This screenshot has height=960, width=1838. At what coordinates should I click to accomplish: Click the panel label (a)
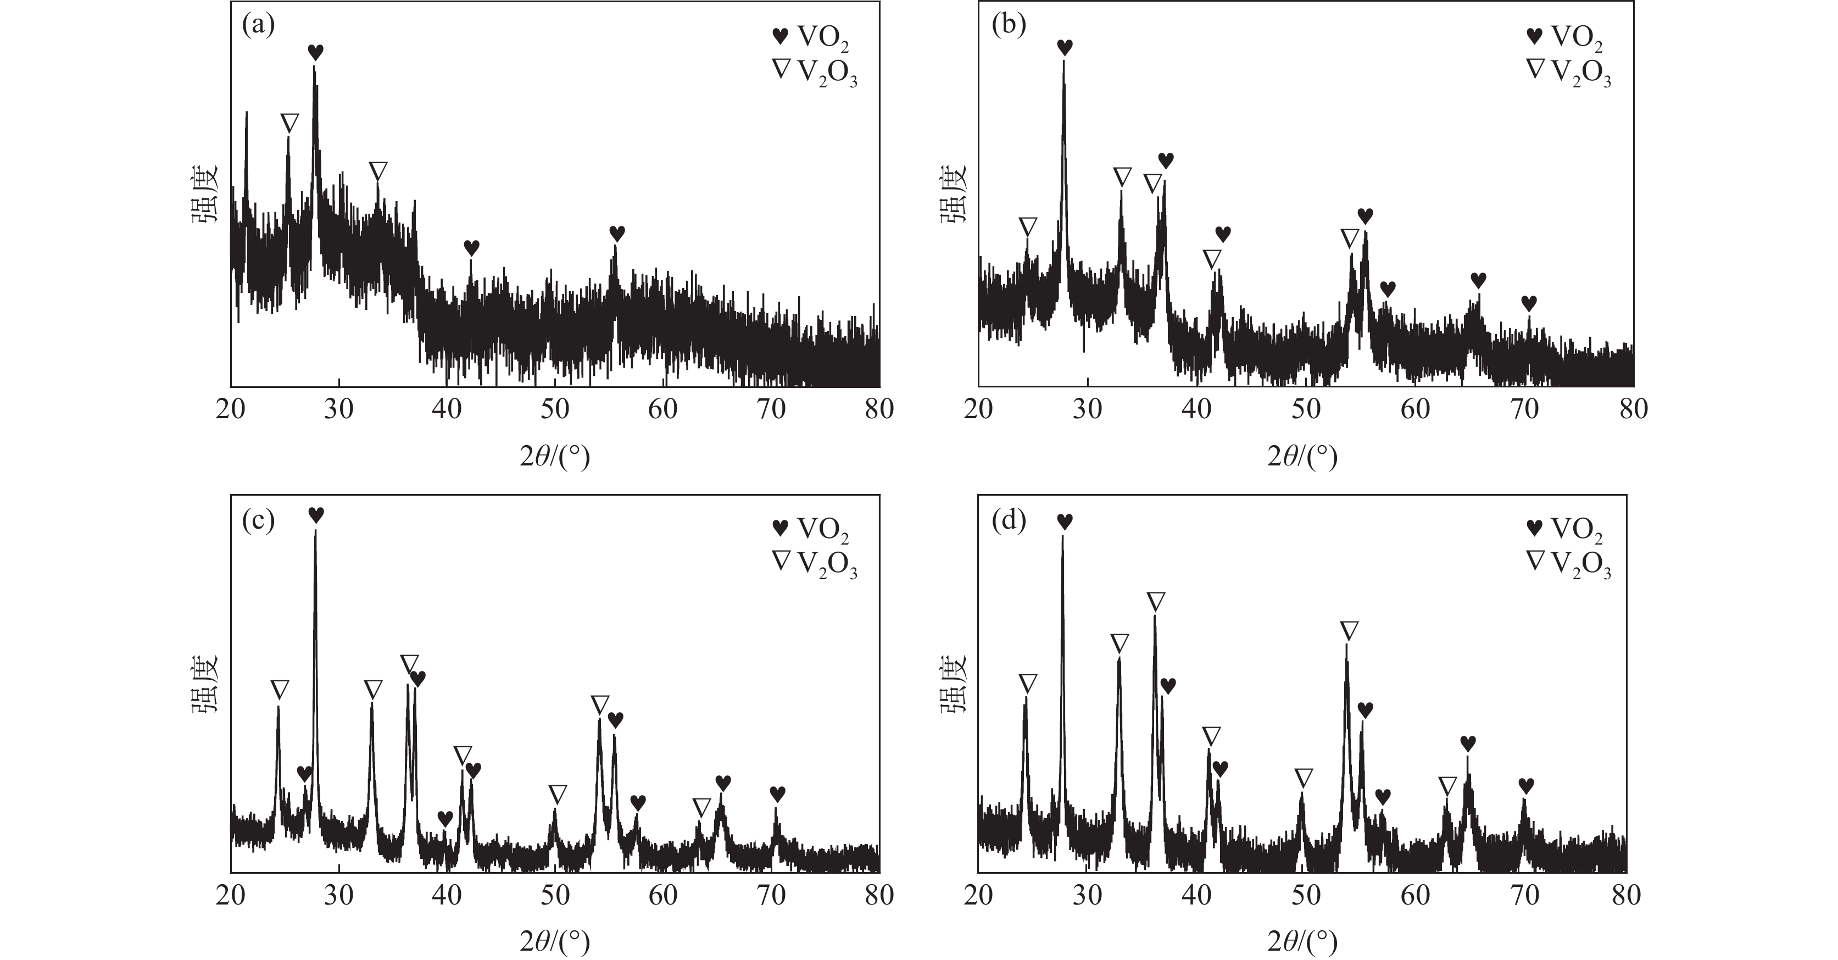tap(258, 26)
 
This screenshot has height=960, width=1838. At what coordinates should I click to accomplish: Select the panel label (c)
tap(258, 521)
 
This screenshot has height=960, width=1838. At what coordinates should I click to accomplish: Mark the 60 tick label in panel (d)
tap(1415, 895)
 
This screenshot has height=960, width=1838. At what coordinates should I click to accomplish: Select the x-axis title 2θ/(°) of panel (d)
tap(1302, 942)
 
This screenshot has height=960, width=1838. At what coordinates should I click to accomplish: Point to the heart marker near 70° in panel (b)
tap(1528, 303)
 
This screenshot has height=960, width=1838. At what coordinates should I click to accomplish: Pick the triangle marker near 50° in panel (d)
tap(1304, 777)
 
